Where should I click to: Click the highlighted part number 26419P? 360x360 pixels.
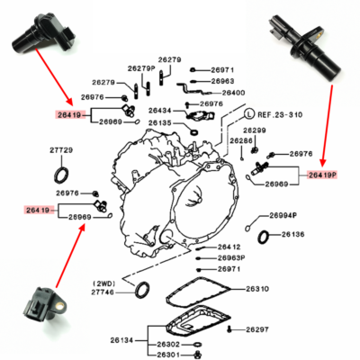click(320, 175)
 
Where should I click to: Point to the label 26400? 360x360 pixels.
click(233, 93)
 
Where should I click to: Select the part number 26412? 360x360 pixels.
click(229, 247)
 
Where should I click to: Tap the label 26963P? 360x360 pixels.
click(231, 257)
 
